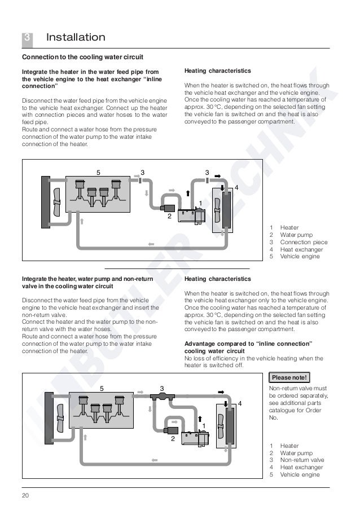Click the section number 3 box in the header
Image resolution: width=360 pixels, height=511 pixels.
click(27, 38)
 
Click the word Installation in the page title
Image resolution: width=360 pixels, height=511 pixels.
click(76, 38)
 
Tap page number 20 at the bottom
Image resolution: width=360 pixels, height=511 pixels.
click(25, 496)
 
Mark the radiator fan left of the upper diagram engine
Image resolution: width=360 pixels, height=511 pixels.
click(56, 200)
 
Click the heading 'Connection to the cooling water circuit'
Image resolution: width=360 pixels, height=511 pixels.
click(82, 58)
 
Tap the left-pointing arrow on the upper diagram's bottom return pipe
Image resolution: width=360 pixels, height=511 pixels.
click(150, 244)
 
